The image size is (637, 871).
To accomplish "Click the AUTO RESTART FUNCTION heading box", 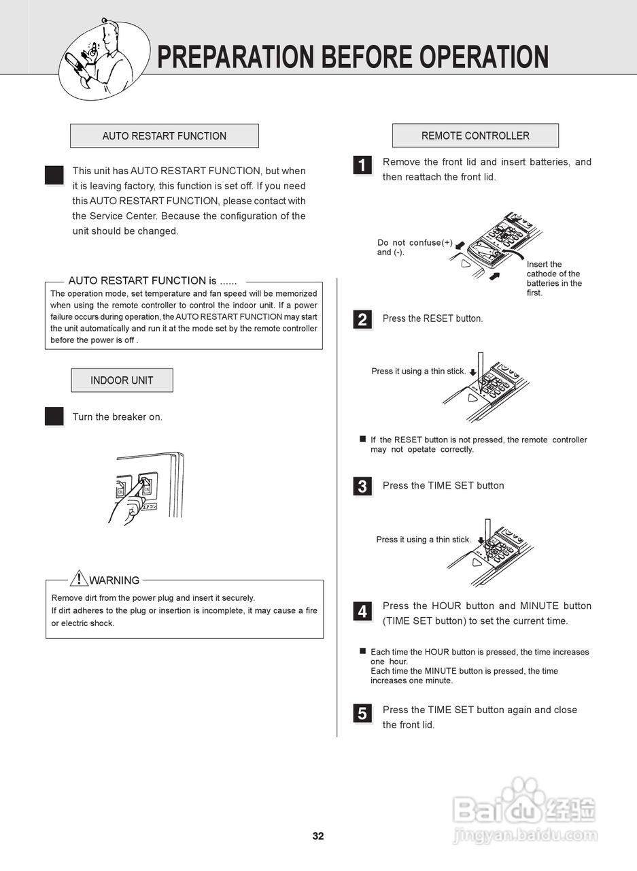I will [x=164, y=136].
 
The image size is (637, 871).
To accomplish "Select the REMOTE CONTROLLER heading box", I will [x=475, y=135].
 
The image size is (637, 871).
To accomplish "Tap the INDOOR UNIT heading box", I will [x=122, y=380].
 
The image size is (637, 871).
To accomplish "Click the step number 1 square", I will [x=362, y=165].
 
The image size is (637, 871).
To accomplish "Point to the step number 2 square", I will [x=362, y=320].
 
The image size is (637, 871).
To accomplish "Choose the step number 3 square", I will [x=362, y=487].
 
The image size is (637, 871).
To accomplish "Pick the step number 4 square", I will [x=362, y=612].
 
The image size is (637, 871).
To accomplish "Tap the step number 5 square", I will [x=362, y=713].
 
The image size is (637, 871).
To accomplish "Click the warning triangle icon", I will [x=79, y=578].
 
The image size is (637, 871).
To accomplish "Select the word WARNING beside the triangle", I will [x=114, y=580].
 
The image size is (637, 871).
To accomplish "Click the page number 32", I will [x=318, y=836].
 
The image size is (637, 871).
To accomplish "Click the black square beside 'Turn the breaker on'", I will [x=54, y=416].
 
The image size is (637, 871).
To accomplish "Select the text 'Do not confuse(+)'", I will [x=415, y=243].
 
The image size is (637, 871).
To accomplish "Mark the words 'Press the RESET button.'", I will [x=432, y=318].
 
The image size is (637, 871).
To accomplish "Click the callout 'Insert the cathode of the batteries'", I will [x=553, y=278].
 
